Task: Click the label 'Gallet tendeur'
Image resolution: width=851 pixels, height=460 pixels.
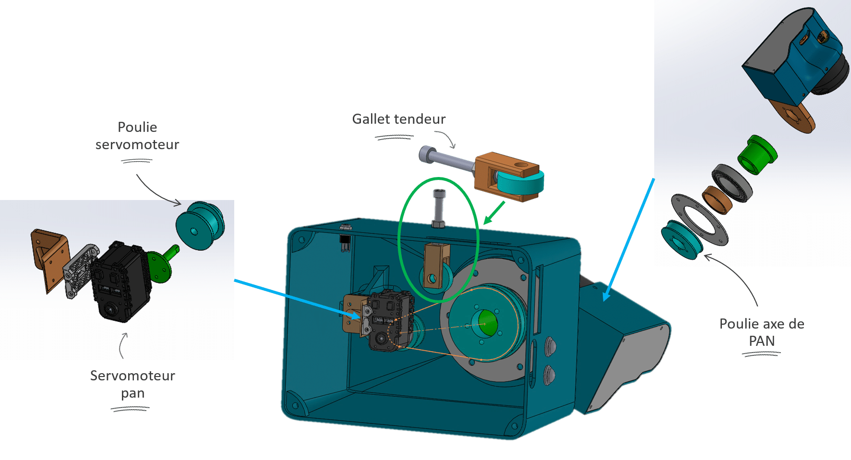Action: click(398, 119)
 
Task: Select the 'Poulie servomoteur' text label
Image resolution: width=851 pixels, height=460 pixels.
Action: click(137, 136)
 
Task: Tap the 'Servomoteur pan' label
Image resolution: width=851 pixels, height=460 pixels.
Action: click(132, 384)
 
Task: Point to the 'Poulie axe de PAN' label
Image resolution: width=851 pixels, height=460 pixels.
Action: click(762, 332)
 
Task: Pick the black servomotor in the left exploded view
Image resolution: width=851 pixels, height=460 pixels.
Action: click(120, 283)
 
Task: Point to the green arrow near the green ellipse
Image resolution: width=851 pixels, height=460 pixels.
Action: click(494, 212)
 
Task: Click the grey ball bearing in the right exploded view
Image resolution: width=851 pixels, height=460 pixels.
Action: click(732, 182)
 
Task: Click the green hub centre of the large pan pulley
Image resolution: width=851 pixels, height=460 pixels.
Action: click(485, 323)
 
